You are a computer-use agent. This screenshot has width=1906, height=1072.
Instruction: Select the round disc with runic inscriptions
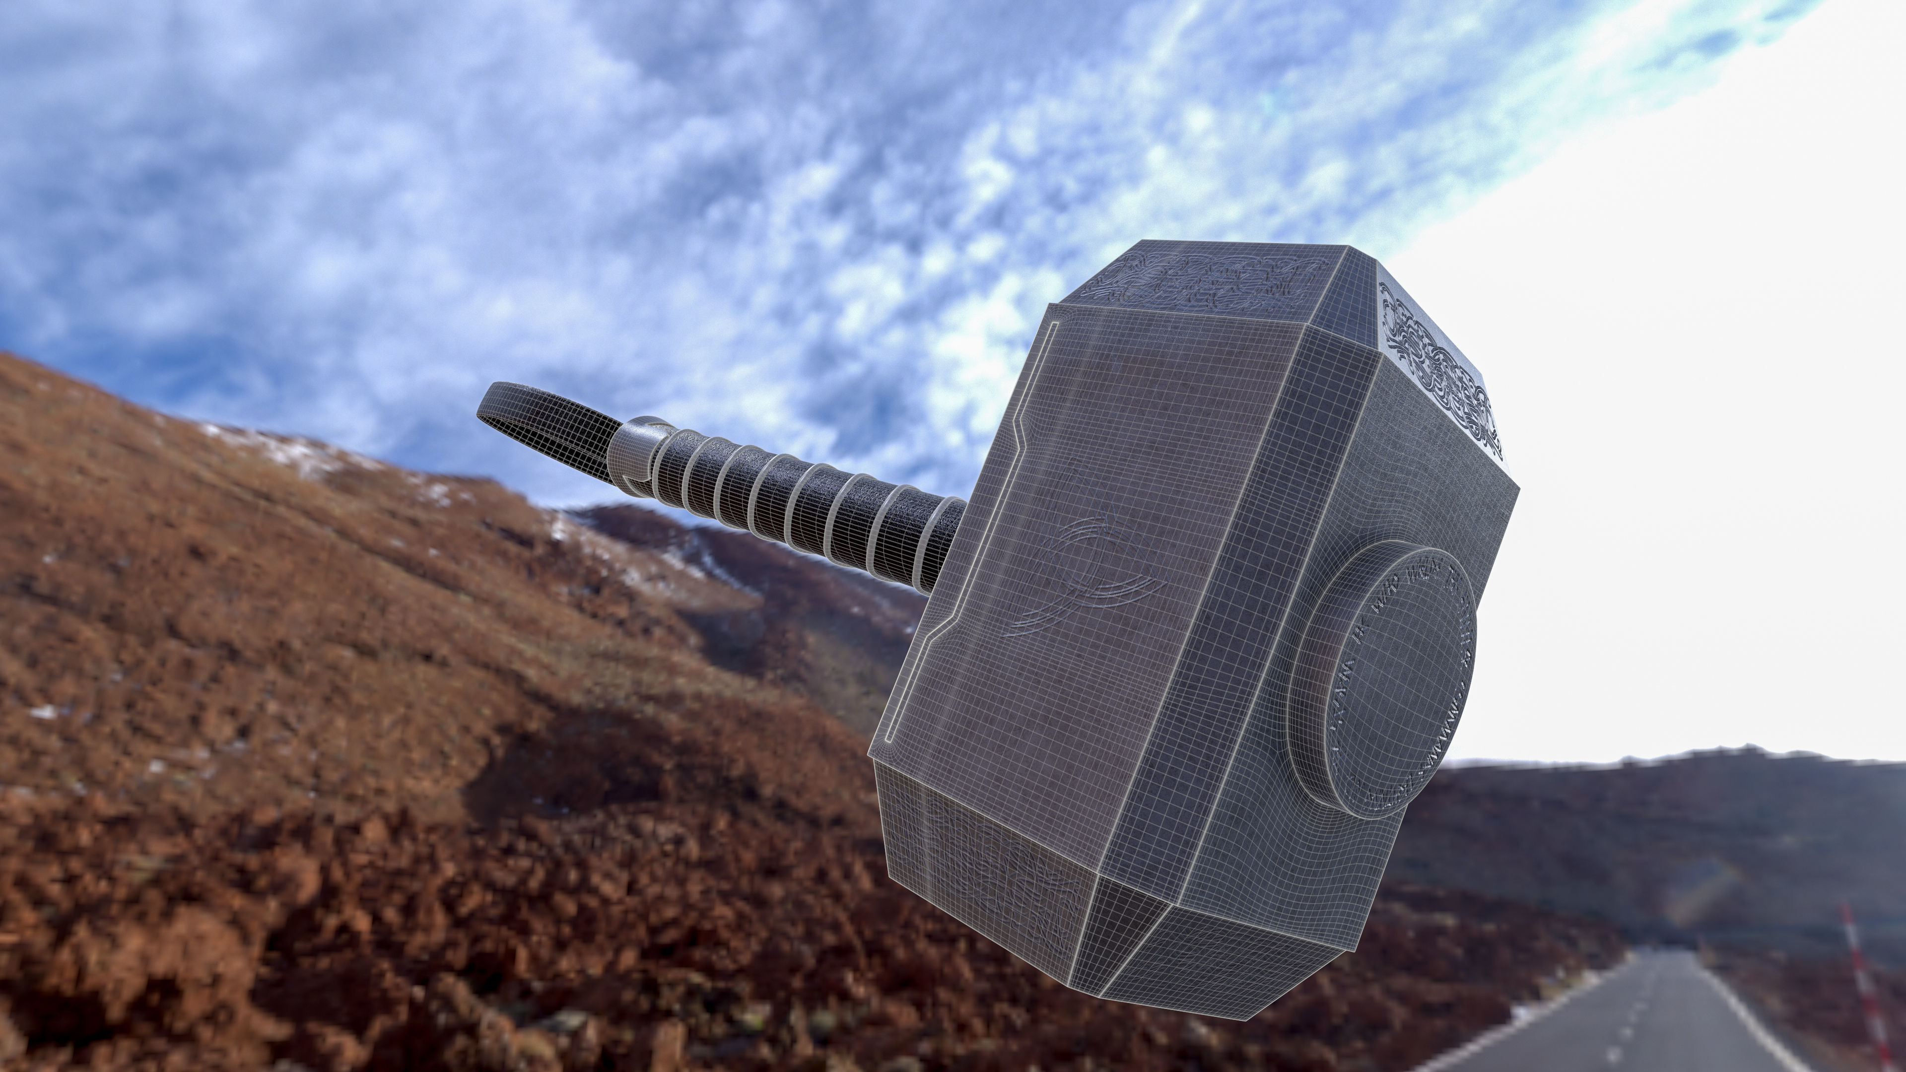[1376, 680]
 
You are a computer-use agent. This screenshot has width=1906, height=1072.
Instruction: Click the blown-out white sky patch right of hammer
[1702, 444]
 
